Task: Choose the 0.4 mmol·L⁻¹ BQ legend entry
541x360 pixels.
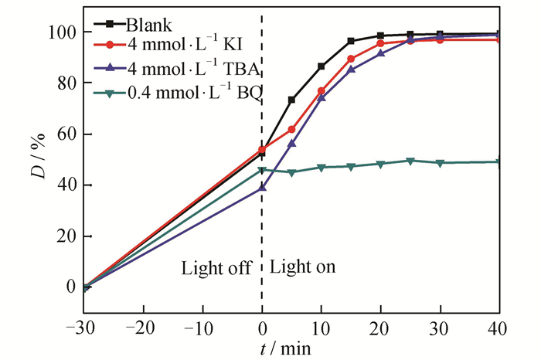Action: coord(193,93)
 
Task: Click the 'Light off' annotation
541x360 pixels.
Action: coord(216,269)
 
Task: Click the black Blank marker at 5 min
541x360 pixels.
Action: coord(291,100)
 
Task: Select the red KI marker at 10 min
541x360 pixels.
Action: coord(322,91)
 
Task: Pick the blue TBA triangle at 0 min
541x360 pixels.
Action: coord(262,187)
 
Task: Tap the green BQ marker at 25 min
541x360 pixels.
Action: coord(410,161)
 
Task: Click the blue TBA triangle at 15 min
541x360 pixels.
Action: coord(351,70)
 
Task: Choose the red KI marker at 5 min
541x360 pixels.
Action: coord(291,130)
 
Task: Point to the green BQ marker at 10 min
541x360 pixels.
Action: coord(322,167)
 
